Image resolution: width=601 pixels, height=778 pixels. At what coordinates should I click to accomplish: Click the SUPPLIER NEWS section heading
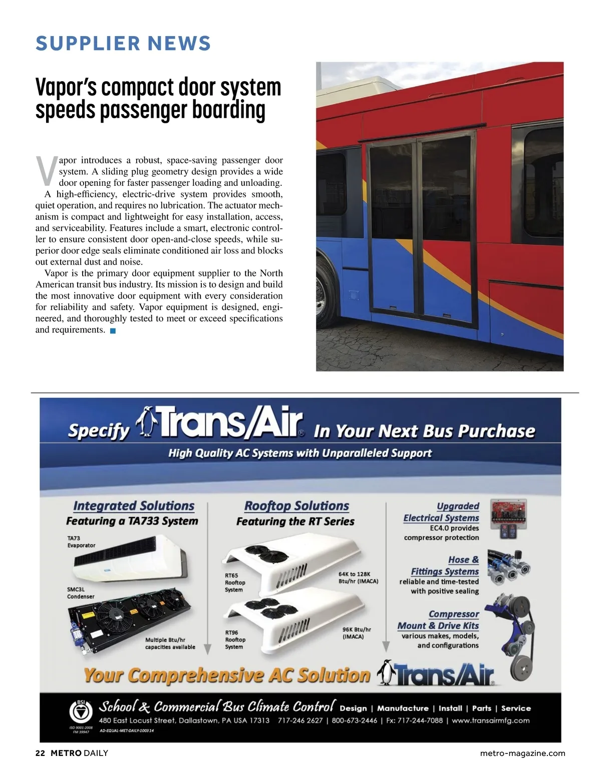[123, 44]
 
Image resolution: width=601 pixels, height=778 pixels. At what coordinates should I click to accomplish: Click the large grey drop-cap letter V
[46, 171]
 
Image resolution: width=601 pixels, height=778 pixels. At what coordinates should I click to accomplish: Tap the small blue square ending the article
[113, 331]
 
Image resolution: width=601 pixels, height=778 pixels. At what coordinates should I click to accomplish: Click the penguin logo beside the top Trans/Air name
[148, 422]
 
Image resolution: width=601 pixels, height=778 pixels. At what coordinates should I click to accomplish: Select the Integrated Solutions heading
[134, 506]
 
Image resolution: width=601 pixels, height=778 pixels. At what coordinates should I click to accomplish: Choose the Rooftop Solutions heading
[296, 506]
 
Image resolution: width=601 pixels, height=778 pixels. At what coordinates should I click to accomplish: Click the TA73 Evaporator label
[81, 542]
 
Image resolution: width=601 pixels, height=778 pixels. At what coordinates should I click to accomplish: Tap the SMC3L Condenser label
[81, 593]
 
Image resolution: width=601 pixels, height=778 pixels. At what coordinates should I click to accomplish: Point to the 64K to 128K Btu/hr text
[358, 578]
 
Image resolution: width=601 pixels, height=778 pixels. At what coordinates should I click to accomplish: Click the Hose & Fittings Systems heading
[445, 566]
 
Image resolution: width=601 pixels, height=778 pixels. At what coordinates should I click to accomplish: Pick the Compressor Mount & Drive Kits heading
[438, 620]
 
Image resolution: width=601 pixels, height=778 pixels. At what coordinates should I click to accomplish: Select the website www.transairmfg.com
[490, 720]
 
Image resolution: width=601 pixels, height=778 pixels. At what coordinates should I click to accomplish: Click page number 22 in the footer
[40, 753]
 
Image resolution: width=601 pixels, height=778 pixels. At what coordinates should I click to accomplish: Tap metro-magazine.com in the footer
[522, 753]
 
